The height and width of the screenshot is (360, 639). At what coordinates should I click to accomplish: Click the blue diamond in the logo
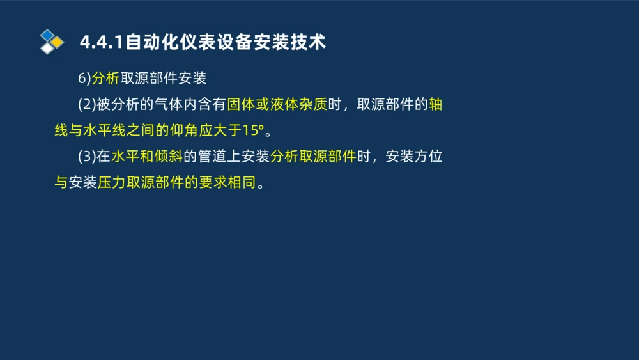pyautogui.click(x=47, y=35)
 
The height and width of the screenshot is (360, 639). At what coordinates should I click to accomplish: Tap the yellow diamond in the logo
pyautogui.click(x=58, y=42)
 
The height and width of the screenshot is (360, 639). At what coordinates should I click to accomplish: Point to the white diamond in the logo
pyautogui.click(x=47, y=48)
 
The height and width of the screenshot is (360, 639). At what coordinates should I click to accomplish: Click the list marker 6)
pyautogui.click(x=84, y=79)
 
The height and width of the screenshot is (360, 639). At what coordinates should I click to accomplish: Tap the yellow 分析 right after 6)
pyautogui.click(x=105, y=79)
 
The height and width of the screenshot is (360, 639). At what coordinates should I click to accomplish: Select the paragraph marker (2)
pyautogui.click(x=86, y=105)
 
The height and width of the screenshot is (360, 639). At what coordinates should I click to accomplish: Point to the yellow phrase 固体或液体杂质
pyautogui.click(x=277, y=105)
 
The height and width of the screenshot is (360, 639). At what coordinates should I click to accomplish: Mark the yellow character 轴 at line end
pyautogui.click(x=435, y=105)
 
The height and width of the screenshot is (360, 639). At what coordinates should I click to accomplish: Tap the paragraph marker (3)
pyautogui.click(x=86, y=157)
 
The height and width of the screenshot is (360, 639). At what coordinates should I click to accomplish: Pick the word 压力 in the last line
pyautogui.click(x=112, y=184)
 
